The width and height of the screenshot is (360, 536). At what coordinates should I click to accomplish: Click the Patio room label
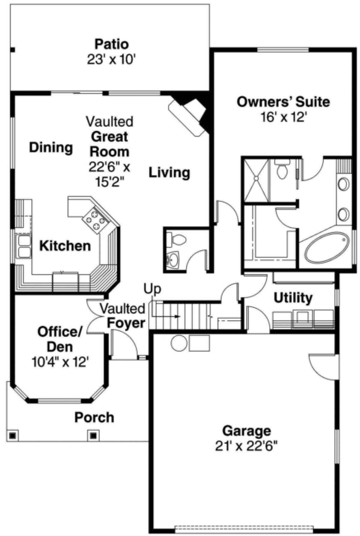coord(112,44)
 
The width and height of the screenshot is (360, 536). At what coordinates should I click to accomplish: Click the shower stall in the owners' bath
coord(256,180)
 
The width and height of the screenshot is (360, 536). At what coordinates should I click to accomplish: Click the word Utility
coord(293,298)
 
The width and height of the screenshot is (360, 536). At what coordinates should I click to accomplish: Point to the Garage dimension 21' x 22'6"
coord(246,446)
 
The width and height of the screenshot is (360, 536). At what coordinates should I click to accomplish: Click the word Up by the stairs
coord(152,289)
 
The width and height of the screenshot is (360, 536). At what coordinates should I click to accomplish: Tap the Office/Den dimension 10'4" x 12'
coord(60,362)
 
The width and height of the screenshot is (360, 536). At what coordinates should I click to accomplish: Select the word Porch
coord(94,418)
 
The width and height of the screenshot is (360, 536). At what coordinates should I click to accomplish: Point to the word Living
coord(169,173)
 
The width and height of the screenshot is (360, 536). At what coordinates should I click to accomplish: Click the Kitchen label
coord(65,246)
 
